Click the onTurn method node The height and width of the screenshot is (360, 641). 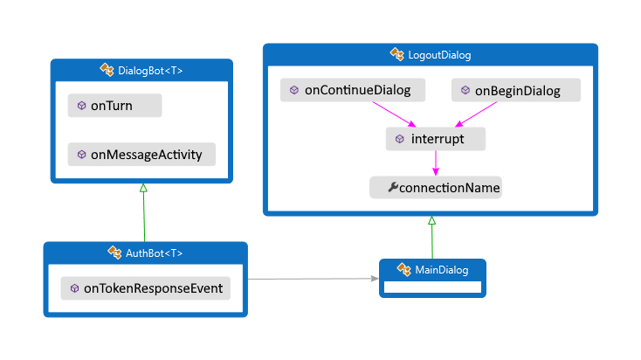pos(114,106)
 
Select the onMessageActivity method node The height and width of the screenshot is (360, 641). pos(141,155)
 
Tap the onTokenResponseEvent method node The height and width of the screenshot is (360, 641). pos(145,288)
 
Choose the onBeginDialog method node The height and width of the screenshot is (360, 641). pos(516,90)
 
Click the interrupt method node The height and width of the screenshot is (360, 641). pos(435,139)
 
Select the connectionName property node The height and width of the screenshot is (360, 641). pos(435,187)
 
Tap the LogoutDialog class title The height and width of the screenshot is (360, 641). pos(439,55)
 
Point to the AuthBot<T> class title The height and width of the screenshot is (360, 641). pos(154,253)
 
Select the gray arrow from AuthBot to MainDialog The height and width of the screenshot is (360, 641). pos(314,280)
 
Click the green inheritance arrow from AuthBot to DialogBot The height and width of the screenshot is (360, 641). pos(143,214)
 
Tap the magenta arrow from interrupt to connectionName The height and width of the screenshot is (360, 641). pos(435,163)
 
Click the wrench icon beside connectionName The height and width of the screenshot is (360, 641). pos(391,187)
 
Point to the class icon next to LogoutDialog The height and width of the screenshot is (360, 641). pos(397,55)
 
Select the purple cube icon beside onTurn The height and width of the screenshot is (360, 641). pos(81,106)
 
